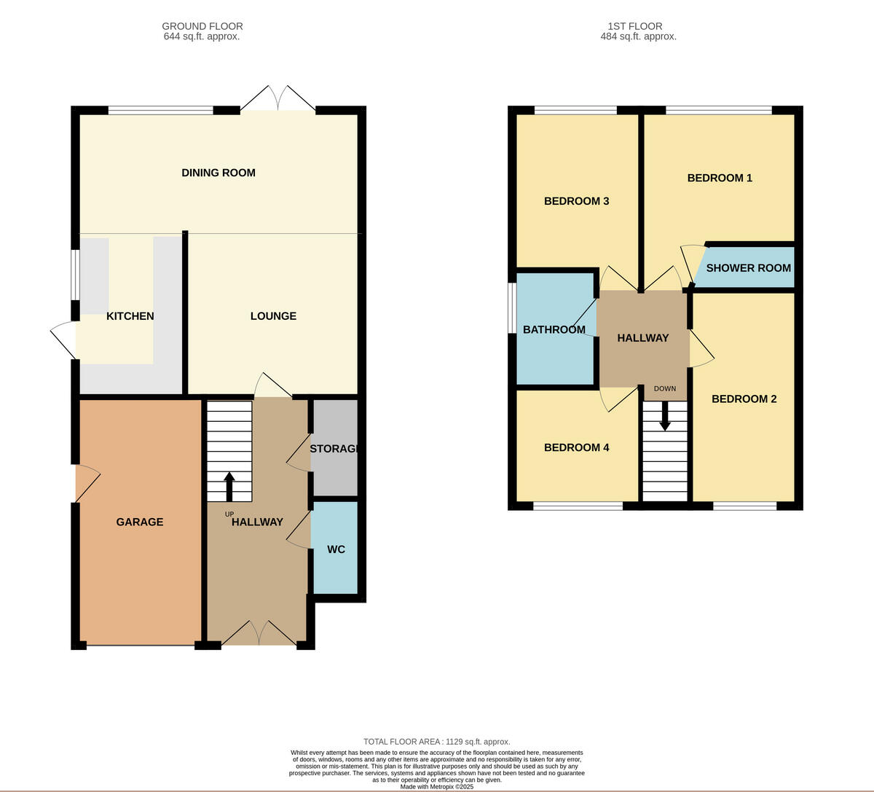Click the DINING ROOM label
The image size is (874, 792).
pos(219,173)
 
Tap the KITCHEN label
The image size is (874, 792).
pos(130,316)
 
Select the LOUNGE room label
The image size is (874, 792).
pos(273,316)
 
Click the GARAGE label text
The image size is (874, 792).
pos(140,522)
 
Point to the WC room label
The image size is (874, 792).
pos(336,549)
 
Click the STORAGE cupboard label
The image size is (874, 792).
pos(334,449)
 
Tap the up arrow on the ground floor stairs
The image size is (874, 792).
pos(229,487)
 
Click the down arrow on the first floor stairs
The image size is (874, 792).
pos(665,416)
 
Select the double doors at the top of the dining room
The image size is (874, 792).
pos(278,99)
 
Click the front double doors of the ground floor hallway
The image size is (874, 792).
pos(259,634)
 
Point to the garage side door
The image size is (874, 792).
pos(87,483)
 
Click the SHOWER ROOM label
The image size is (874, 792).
pos(748,268)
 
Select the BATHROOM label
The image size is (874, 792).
pos(554,329)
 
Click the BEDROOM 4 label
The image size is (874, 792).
pos(576,447)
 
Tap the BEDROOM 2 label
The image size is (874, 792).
pos(744,399)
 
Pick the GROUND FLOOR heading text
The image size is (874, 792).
pos(202,26)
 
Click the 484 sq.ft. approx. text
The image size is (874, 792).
pos(638,36)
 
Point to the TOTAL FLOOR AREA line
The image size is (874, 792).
pos(437,742)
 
